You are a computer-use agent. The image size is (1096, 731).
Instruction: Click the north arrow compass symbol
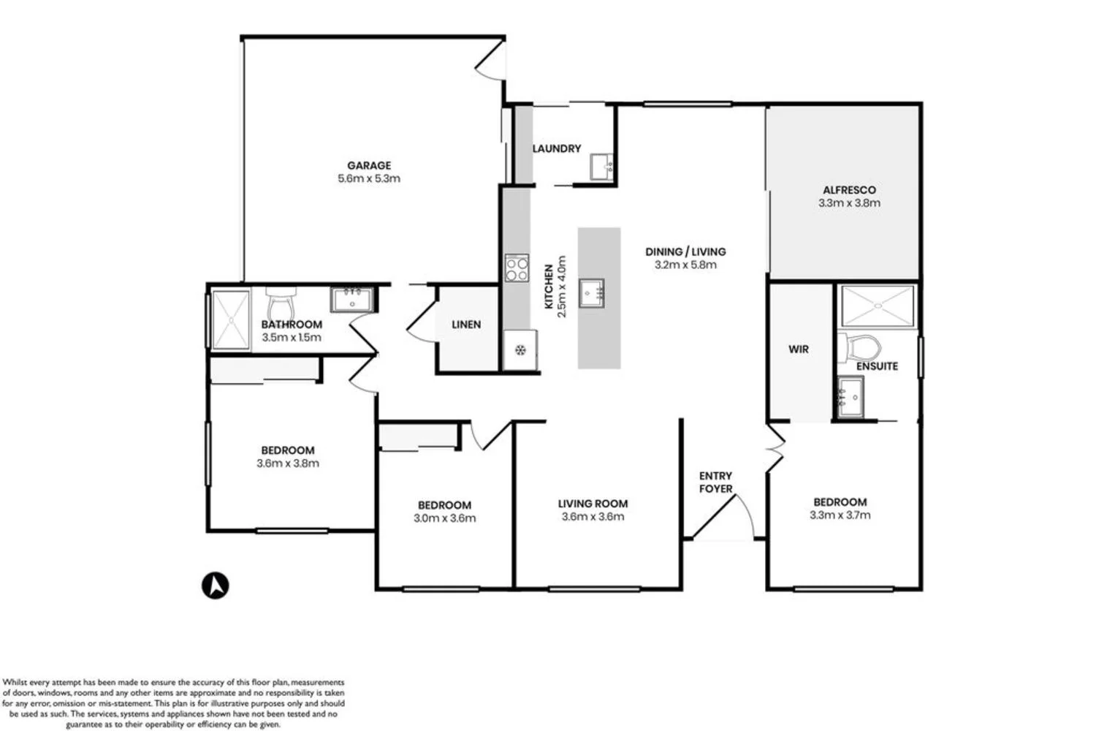tap(216, 586)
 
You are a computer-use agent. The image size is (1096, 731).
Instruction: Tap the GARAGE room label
tap(369, 165)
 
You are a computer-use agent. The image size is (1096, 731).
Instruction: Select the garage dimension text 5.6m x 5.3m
tap(369, 178)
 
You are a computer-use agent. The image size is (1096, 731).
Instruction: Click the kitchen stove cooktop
tap(517, 268)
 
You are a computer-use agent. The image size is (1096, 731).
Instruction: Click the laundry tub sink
tap(603, 167)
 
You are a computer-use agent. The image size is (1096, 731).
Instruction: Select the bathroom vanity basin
tap(352, 300)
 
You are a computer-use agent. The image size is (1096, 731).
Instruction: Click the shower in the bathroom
tap(231, 319)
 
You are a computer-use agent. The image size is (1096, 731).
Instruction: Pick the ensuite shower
tap(878, 306)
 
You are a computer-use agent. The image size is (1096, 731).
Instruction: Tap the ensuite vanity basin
tap(850, 396)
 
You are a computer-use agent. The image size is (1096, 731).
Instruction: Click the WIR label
tap(799, 349)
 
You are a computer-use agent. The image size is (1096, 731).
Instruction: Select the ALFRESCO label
tap(849, 190)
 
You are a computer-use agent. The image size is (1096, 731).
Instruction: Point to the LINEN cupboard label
tap(466, 325)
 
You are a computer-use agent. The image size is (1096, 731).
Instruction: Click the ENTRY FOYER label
tap(715, 482)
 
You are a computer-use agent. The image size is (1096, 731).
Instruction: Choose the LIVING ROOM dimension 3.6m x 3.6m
tap(593, 517)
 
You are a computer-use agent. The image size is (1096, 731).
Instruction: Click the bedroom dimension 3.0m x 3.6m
tap(444, 518)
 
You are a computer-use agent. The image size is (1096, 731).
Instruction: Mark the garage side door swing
tap(490, 63)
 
